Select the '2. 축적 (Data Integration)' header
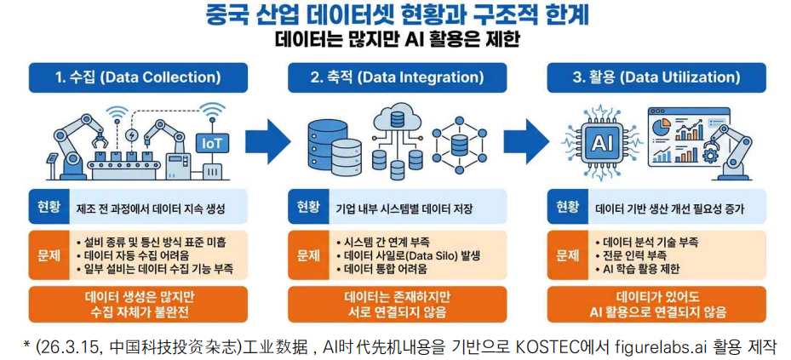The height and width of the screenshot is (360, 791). click(x=396, y=77)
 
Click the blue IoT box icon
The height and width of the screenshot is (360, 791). click(x=210, y=142)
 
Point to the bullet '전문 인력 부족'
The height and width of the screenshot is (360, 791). click(x=638, y=255)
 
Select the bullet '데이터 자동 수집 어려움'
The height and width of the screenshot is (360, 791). click(x=144, y=254)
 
